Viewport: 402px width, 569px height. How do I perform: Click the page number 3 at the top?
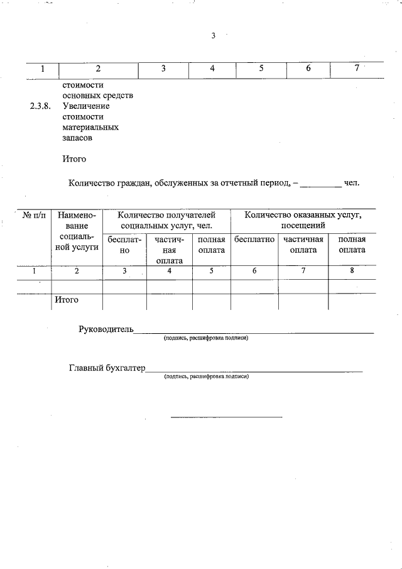coord(213,36)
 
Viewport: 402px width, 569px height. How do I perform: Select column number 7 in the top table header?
coord(356,69)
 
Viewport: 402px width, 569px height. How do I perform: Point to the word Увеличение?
coord(86,106)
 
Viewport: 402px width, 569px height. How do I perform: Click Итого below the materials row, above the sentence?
coord(74,159)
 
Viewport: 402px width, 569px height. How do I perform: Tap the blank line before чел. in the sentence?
coord(320,184)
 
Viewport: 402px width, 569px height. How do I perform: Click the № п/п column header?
coord(35,215)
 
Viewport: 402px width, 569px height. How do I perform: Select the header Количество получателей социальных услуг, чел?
coord(166,219)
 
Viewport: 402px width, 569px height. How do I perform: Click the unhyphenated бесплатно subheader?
coord(254,240)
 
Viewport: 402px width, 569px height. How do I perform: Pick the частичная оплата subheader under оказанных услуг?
coord(303,245)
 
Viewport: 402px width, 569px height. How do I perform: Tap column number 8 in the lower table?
coord(352,271)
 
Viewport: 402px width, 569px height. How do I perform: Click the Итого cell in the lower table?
coord(66,300)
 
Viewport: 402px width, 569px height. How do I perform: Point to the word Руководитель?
coord(106,329)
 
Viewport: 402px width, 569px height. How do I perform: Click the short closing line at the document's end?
coord(226,416)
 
